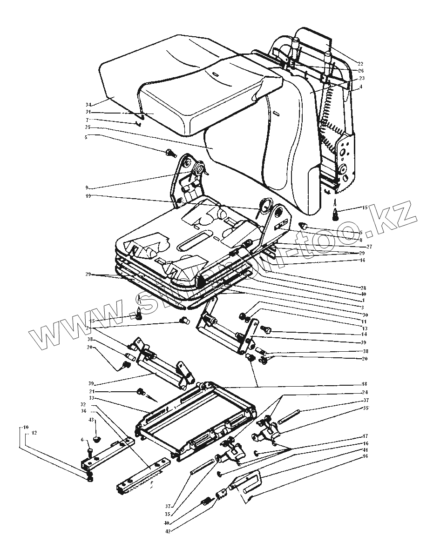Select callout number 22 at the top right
[x=360, y=63]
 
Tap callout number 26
[x=360, y=71]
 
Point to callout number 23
[x=361, y=78]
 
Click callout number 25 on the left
[x=88, y=127]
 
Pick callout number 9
[x=87, y=187]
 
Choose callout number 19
[x=88, y=196]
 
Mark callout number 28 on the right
[x=364, y=287]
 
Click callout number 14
[x=364, y=334]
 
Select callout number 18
[x=364, y=384]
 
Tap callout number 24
[x=364, y=392]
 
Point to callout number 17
[x=365, y=436]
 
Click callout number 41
[x=365, y=450]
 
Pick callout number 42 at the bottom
[x=168, y=531]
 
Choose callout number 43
[x=91, y=420]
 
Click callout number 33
[x=92, y=398]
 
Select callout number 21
[x=92, y=391]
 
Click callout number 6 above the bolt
[x=82, y=440]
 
